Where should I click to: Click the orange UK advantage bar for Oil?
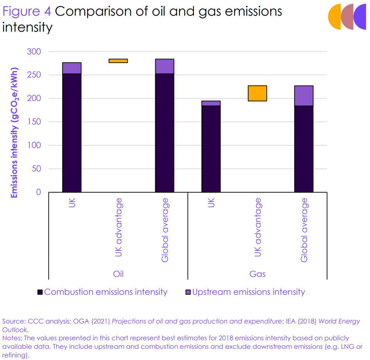point(118,61)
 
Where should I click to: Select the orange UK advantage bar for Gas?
point(257,93)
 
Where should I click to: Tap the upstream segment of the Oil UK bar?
point(72,68)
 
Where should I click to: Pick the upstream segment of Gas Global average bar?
point(304,96)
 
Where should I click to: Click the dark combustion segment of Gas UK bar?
point(211,149)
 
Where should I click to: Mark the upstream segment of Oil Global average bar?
point(165,66)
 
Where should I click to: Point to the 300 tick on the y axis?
point(34,51)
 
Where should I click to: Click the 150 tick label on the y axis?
point(34,122)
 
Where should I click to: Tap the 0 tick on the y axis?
point(38,192)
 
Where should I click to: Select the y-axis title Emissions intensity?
point(14,133)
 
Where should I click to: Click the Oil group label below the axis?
point(118,274)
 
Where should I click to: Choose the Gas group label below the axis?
point(257,274)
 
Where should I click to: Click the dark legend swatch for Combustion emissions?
point(40,292)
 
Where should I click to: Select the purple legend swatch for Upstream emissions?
point(188,292)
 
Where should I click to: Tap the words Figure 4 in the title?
point(27,12)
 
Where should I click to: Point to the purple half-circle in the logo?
point(360,17)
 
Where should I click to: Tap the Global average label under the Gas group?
point(304,230)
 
